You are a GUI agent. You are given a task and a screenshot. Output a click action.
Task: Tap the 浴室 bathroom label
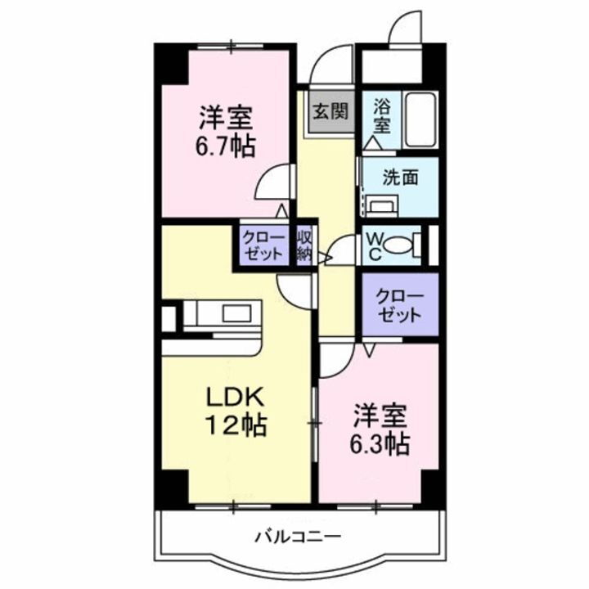tap(381, 115)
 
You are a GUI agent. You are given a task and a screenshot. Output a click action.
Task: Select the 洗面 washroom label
tap(401, 175)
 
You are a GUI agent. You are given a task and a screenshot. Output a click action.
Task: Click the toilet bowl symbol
tap(398, 245)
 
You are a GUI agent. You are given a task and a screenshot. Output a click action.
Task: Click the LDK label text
tap(234, 398)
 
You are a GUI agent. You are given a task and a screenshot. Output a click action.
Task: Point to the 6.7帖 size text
tap(224, 147)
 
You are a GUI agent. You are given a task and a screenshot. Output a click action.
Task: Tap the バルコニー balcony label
tap(297, 537)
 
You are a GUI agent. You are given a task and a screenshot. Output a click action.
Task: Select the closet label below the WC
tap(400, 305)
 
